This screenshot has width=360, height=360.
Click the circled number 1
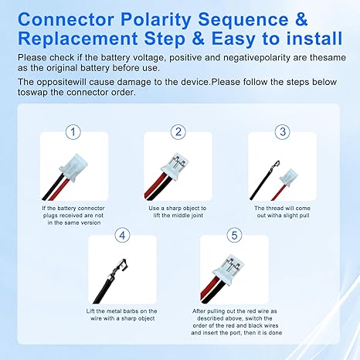pos(73,132)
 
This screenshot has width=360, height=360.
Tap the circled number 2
pos(178,132)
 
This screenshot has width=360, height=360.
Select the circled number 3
pos(283,132)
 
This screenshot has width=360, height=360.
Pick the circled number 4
pos(122,235)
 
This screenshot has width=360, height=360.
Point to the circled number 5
pos(234,235)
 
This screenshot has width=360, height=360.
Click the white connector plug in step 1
pos(73,168)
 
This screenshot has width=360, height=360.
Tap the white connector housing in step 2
pos(175,165)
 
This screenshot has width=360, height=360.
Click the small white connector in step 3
pos(289,177)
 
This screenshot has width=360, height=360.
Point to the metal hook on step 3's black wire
pos(274,165)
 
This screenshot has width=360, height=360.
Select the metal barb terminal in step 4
pos(119,268)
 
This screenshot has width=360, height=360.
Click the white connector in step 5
pos(228,268)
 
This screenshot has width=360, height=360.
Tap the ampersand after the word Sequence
pos(301,19)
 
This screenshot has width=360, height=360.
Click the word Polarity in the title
pos(156,20)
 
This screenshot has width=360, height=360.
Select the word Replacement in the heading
pos(77,39)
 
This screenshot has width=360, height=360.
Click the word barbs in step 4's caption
pos(130,311)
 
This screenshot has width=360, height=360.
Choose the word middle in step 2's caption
pos(180,216)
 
